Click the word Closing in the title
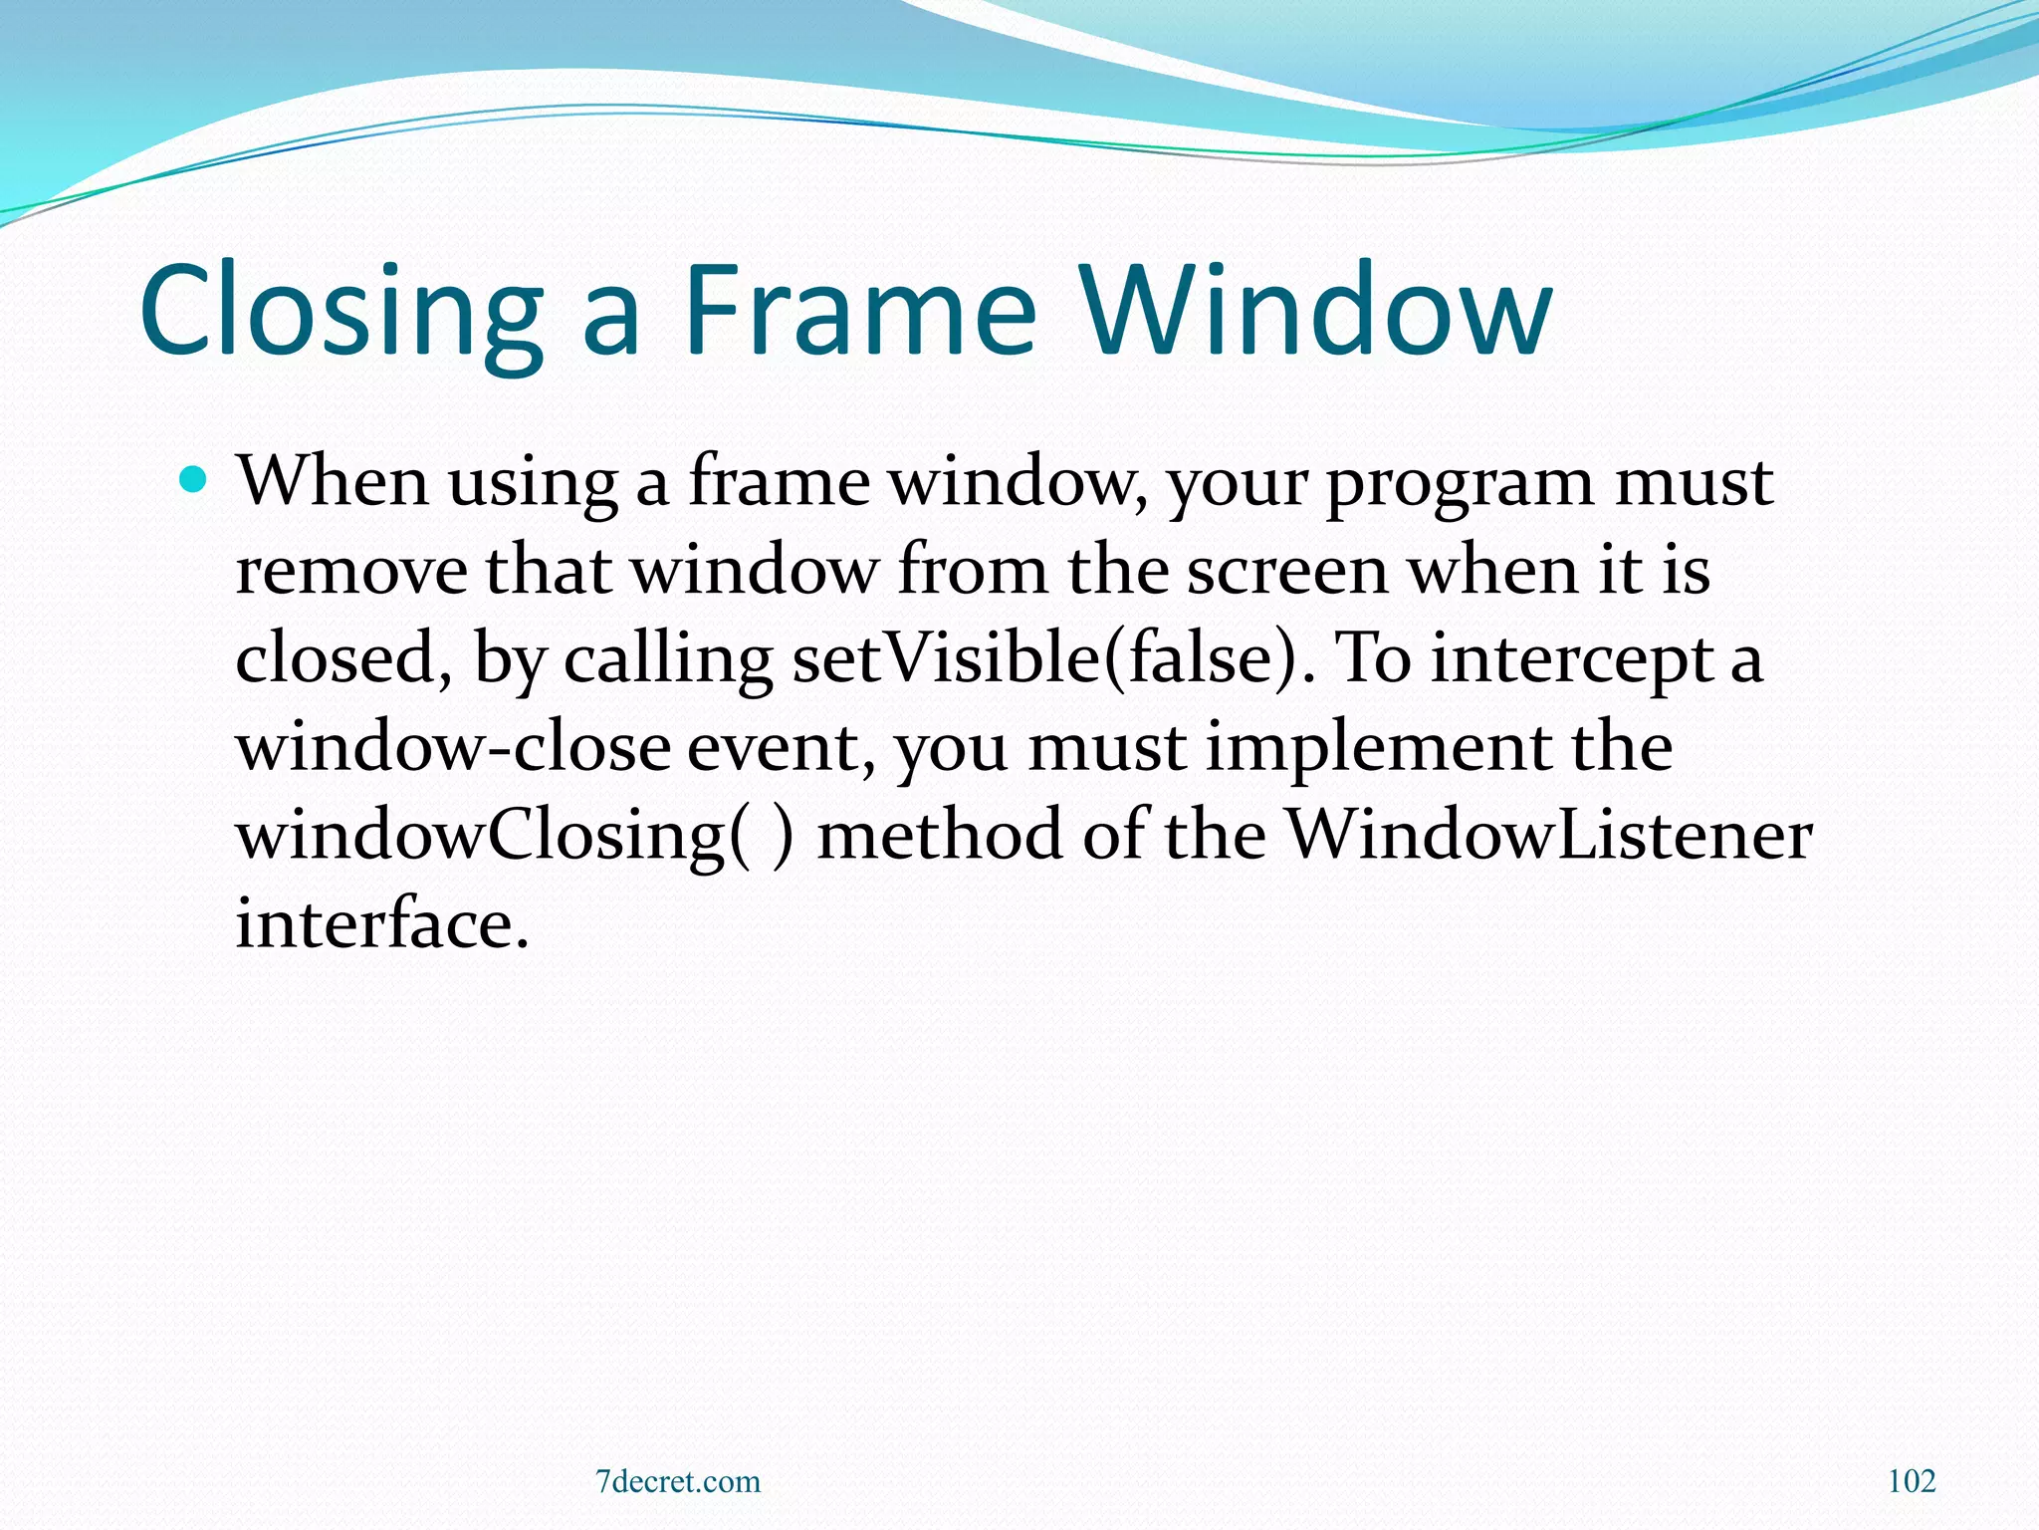(x=341, y=311)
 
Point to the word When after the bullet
(x=333, y=482)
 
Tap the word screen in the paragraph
(x=1286, y=572)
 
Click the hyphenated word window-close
(x=453, y=747)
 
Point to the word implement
(x=1378, y=749)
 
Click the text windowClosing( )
(x=515, y=837)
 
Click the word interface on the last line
(x=381, y=923)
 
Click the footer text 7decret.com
(x=678, y=1481)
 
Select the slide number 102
(x=1912, y=1481)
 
